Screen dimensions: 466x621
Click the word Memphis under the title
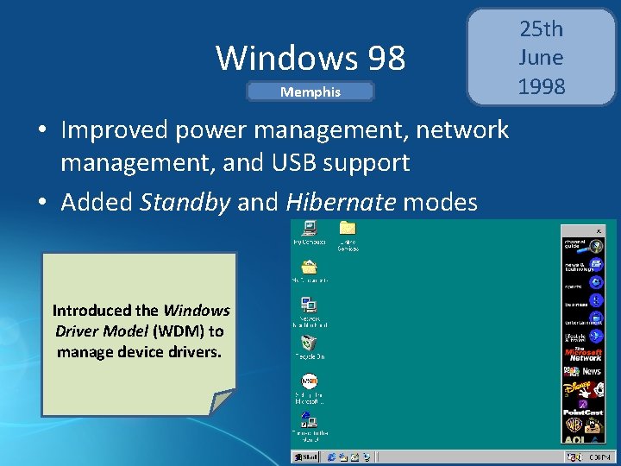click(310, 91)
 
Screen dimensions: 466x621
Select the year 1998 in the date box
click(542, 86)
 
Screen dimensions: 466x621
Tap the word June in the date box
click(541, 58)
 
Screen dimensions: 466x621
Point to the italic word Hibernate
click(340, 202)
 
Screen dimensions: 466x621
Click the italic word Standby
click(185, 202)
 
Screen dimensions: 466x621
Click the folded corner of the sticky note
click(223, 402)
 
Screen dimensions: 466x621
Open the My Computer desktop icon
click(309, 229)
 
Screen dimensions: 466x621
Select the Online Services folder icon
click(348, 228)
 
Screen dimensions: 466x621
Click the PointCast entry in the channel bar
click(583, 413)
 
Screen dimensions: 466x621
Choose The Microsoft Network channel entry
click(583, 354)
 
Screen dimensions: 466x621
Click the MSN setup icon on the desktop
click(309, 381)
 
